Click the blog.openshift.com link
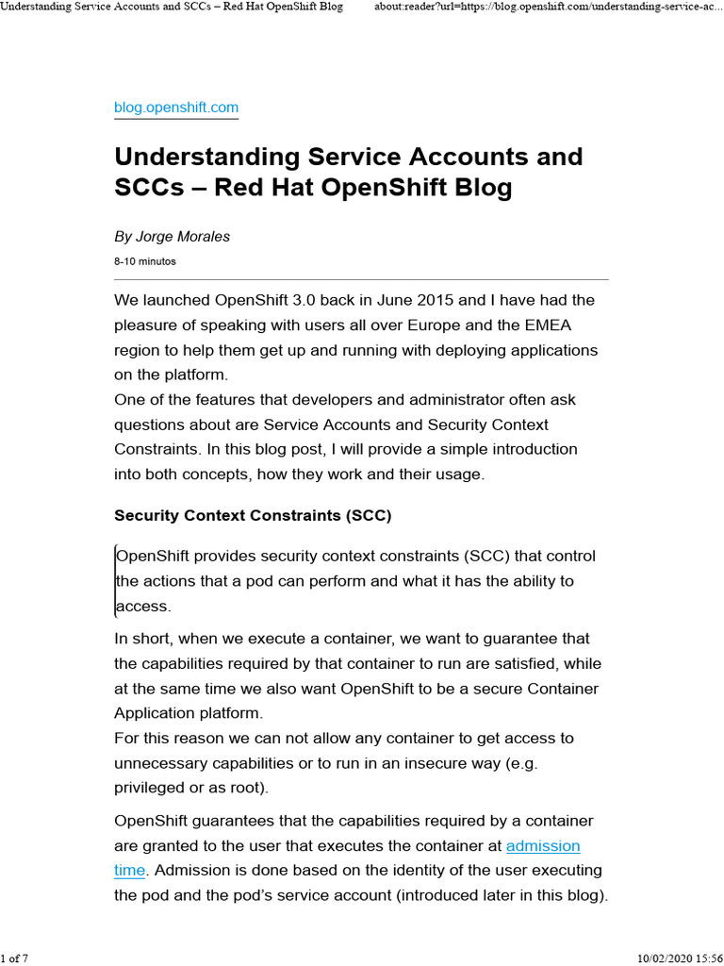(x=176, y=108)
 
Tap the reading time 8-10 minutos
(x=144, y=261)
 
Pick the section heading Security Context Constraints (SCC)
(x=252, y=516)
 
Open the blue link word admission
(x=543, y=846)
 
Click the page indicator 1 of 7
(x=15, y=959)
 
